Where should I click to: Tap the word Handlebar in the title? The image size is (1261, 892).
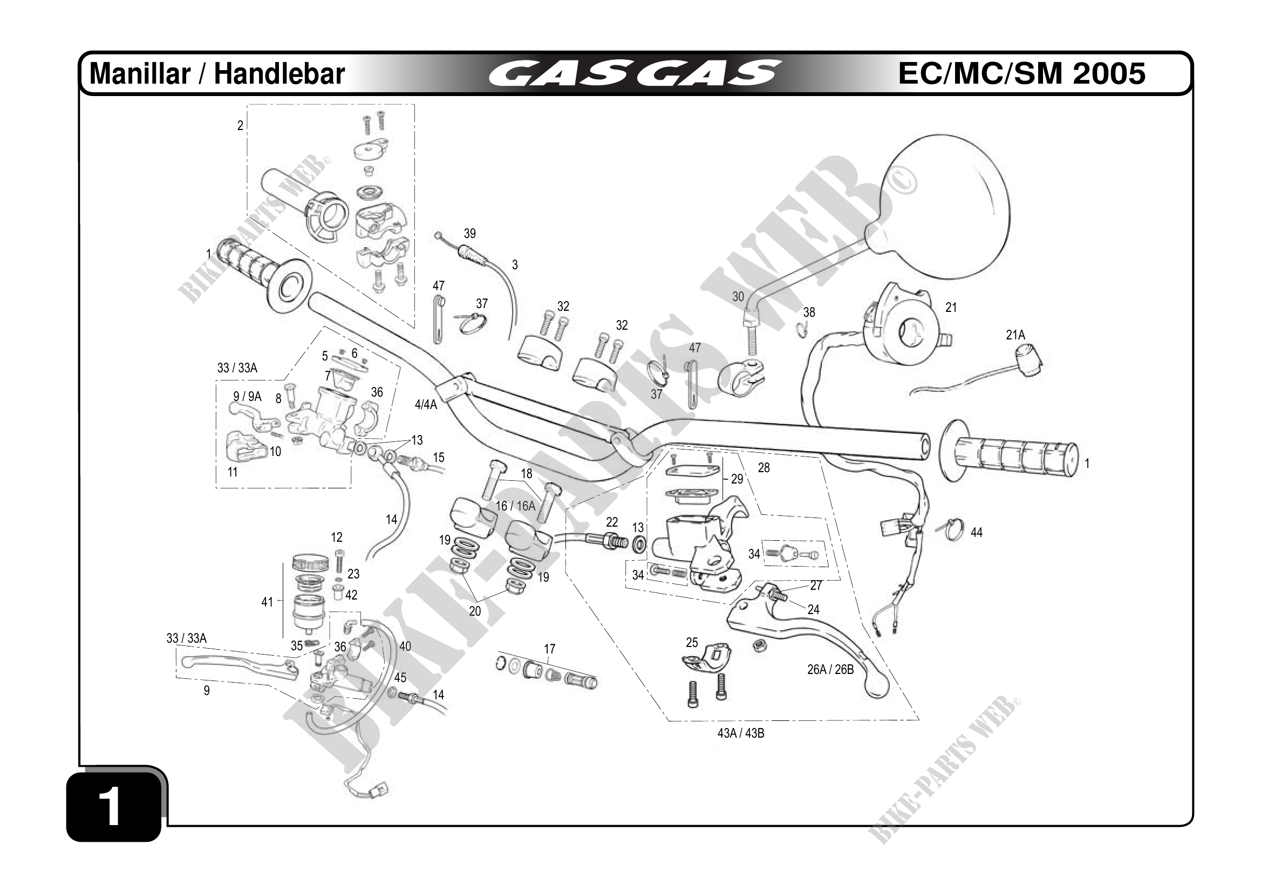279,74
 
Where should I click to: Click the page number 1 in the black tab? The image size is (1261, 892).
112,807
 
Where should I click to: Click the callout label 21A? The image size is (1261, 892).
1015,335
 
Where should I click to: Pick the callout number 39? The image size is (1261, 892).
469,234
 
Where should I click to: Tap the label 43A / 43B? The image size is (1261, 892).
740,733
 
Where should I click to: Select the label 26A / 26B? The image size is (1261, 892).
830,670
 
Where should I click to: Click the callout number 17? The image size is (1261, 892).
549,649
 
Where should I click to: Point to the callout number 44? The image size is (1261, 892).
976,532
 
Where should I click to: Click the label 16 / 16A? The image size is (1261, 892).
515,506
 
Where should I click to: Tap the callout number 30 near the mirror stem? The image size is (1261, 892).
738,297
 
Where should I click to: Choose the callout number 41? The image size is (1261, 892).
267,602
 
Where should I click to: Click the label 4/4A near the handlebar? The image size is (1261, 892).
426,405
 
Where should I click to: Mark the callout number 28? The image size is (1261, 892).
764,468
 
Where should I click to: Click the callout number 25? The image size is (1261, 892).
691,642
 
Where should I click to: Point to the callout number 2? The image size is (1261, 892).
240,126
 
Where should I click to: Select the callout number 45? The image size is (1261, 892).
400,678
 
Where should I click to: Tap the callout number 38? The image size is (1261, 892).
809,312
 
